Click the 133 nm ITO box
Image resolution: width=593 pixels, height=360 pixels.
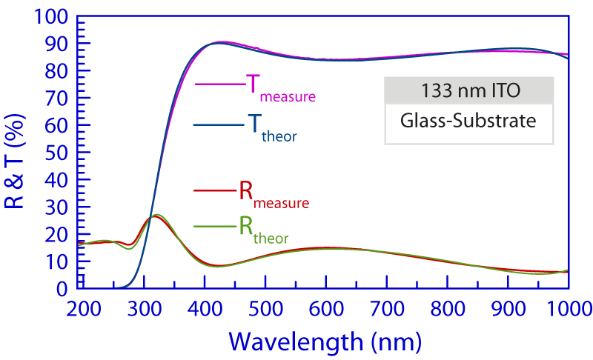[x=468, y=91]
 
